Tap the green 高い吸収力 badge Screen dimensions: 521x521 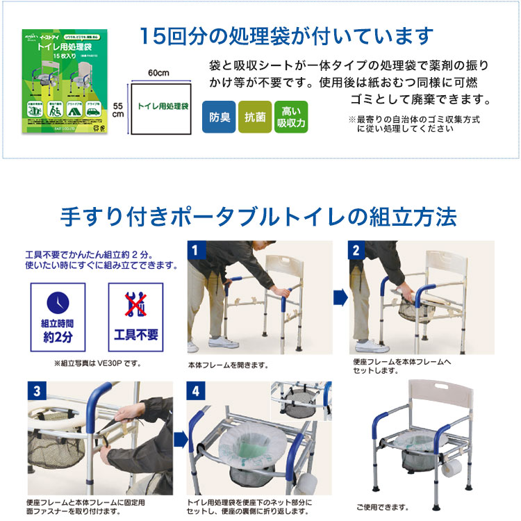coord(290,117)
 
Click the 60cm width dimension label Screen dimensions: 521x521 coord(158,74)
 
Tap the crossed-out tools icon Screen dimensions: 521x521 coord(135,303)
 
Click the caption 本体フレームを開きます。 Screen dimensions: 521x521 coord(227,365)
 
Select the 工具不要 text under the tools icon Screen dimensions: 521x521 coord(135,335)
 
